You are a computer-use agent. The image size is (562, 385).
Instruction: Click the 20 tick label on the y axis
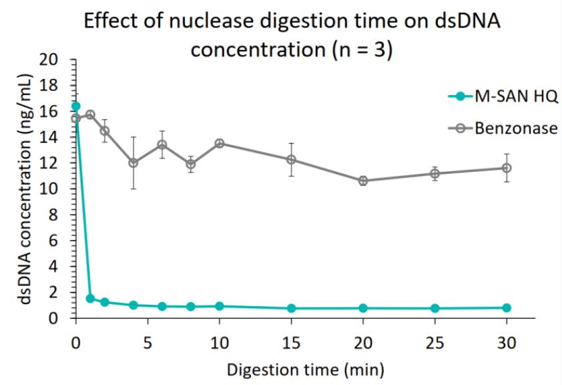click(58, 60)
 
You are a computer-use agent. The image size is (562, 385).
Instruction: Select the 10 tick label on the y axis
click(58, 189)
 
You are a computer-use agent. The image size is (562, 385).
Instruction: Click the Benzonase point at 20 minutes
click(363, 180)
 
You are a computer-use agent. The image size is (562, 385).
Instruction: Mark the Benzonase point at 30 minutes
click(507, 168)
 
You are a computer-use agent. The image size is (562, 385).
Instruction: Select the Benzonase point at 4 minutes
click(133, 162)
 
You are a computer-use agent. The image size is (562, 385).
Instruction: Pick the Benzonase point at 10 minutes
click(220, 143)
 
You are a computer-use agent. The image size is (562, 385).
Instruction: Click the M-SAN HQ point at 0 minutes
click(76, 106)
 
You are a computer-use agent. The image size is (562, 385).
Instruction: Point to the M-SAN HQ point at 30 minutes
click(507, 307)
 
